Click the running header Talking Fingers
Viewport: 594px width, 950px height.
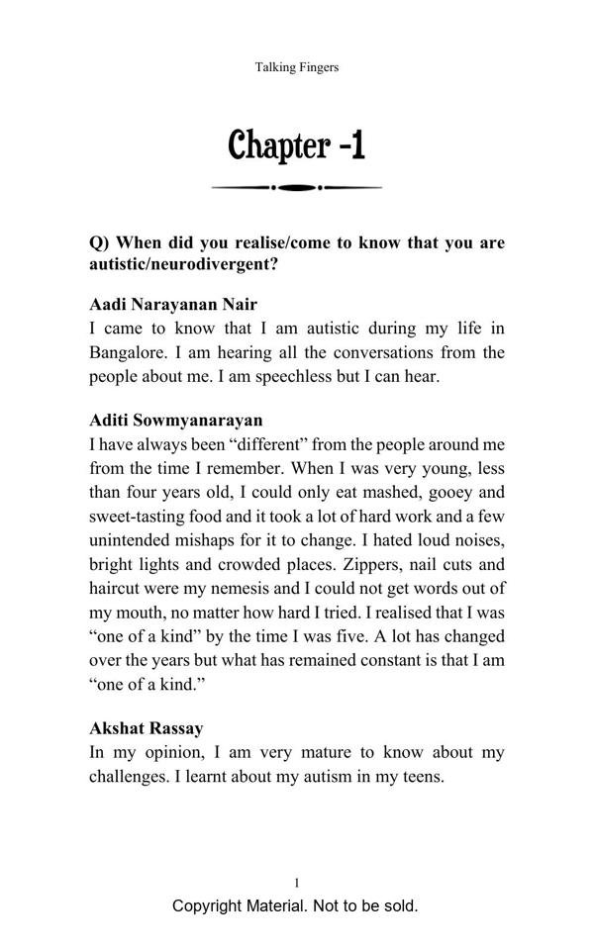pos(297,67)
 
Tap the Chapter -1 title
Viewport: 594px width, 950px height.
pos(297,145)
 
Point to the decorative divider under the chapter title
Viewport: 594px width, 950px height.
pos(297,187)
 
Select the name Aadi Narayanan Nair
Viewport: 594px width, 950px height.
pos(173,304)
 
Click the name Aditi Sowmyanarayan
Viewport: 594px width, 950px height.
pos(176,420)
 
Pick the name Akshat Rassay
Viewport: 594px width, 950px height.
pos(147,728)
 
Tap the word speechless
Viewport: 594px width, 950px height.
pos(303,376)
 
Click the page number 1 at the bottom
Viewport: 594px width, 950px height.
pos(297,882)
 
